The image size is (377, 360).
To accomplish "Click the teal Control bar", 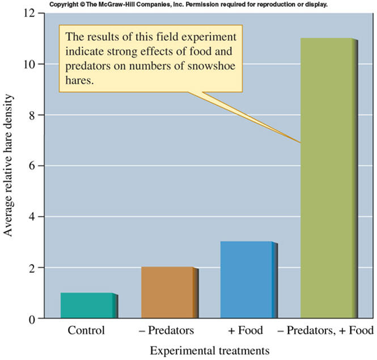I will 87,306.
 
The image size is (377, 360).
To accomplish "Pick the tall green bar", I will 327,178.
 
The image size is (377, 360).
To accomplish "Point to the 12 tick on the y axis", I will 33,13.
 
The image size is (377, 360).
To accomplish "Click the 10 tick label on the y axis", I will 33,64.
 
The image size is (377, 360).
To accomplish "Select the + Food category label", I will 246,331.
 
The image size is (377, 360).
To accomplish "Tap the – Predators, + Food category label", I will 327,331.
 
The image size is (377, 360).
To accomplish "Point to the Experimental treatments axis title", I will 201,350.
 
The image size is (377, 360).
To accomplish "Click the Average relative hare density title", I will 10,166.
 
